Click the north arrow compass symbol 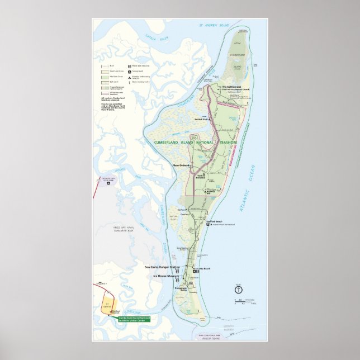click(238, 290)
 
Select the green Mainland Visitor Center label click(134, 319)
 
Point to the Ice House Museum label click(167, 276)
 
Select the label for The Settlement click(231, 87)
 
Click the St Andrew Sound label click(214, 26)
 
